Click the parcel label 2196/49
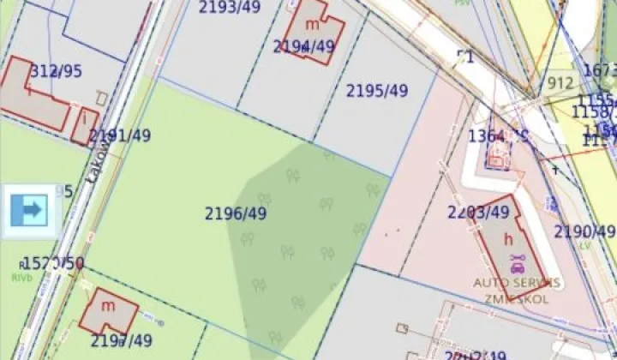tap(236, 213)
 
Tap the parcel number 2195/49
tap(377, 90)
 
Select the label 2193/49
tap(230, 8)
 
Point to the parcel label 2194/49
tap(303, 46)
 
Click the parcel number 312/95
tap(57, 71)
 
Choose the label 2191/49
tap(120, 135)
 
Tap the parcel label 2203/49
tap(478, 212)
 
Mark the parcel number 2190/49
tap(584, 231)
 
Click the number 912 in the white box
tap(560, 84)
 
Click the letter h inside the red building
tap(508, 240)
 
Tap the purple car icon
tap(516, 261)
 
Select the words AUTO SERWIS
tap(517, 282)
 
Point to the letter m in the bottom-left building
tap(109, 305)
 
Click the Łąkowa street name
tap(99, 160)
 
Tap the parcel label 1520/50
tap(53, 263)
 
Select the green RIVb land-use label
tap(21, 277)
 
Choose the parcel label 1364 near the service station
tap(487, 135)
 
